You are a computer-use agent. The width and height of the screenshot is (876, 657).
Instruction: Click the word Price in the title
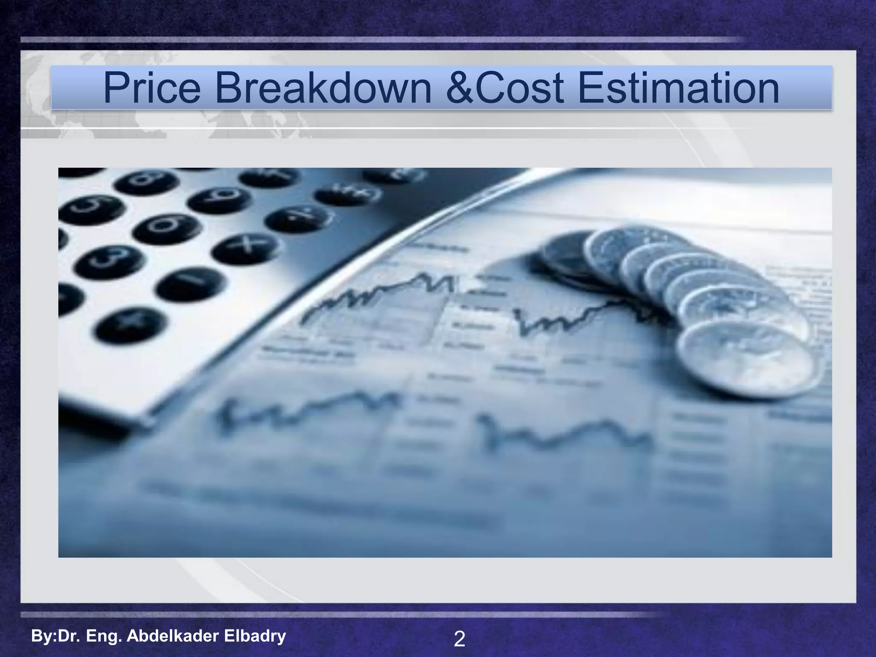152,88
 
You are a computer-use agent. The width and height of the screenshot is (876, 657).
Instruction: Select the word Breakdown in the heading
323,88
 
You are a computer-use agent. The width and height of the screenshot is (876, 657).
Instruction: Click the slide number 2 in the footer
459,639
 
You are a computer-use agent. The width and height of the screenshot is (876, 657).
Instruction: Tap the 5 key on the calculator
92,208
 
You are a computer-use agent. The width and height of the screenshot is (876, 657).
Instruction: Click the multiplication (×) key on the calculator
246,248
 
